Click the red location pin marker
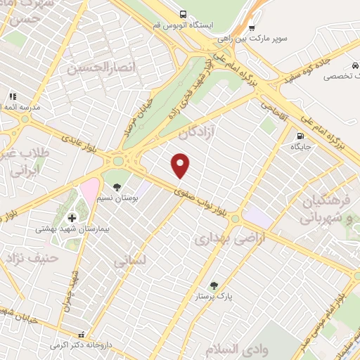(x=181, y=165)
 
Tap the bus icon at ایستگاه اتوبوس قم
(x=183, y=14)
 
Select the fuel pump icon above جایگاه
(x=300, y=136)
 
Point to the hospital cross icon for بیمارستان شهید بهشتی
(x=72, y=218)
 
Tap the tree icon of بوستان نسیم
(x=117, y=187)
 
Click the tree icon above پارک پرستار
(x=214, y=285)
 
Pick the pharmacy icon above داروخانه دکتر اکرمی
(x=82, y=335)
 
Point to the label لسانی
(x=131, y=261)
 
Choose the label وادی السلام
(x=234, y=349)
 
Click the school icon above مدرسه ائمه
(x=12, y=96)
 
